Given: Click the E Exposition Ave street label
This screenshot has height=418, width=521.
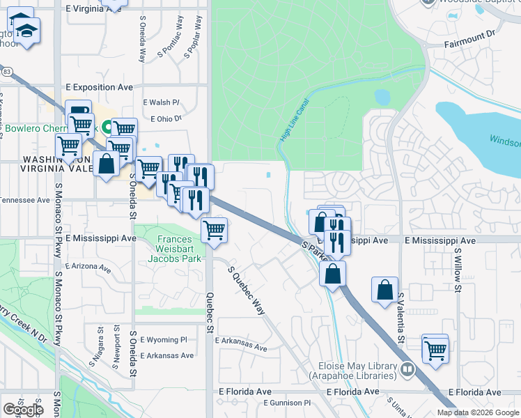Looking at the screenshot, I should pos(99,88).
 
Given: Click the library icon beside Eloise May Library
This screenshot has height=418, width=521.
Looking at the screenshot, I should pos(408,369).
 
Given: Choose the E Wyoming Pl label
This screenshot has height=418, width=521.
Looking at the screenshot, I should pos(164,340).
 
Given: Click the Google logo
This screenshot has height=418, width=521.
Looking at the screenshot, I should pos(24,410).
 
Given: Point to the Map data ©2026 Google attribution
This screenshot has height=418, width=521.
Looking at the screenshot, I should pos(478,412).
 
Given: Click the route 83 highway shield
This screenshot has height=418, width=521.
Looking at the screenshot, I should pos(6,71).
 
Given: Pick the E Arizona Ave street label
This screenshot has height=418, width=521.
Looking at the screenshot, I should pos(88,266).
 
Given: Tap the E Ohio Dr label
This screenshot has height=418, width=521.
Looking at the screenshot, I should pos(165,119).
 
